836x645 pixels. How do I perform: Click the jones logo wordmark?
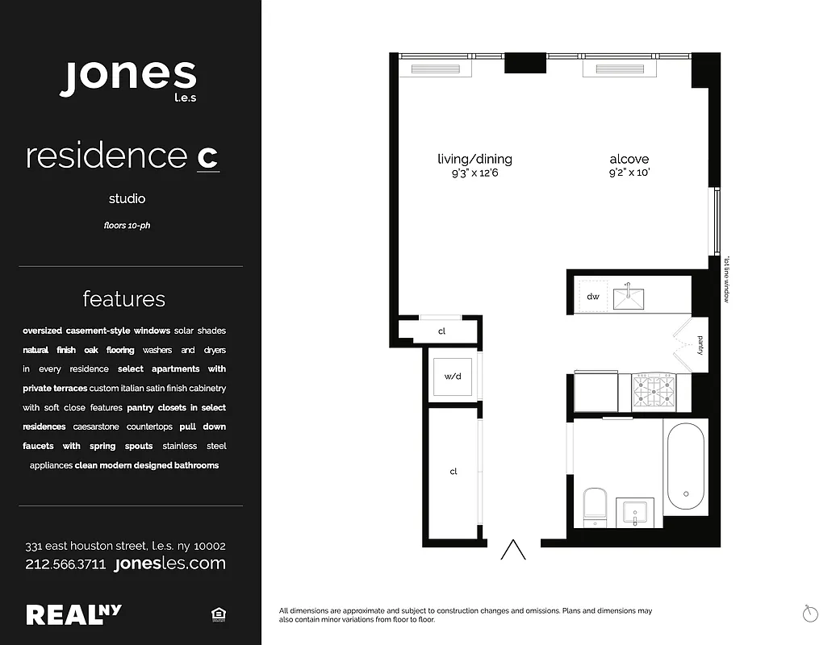click(127, 77)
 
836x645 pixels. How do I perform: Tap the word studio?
click(127, 198)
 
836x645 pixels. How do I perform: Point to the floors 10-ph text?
click(127, 226)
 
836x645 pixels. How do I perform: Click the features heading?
click(123, 299)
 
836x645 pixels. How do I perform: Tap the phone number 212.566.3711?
click(65, 564)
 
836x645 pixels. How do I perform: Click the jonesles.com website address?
click(170, 564)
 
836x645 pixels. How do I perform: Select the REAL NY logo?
click(74, 614)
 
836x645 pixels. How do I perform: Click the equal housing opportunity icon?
click(218, 615)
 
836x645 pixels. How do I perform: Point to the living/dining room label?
click(474, 160)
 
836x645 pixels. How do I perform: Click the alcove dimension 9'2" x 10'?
click(629, 173)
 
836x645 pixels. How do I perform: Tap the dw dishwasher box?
click(593, 297)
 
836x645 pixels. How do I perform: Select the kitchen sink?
click(628, 298)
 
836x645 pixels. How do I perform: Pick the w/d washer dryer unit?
click(452, 376)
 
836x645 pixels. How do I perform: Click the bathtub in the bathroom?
click(685, 468)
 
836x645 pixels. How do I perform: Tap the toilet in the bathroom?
click(594, 503)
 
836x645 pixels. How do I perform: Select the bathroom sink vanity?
click(639, 512)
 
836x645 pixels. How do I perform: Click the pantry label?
click(700, 346)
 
